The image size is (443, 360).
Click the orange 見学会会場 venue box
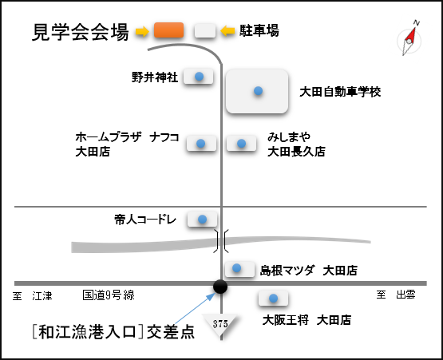tap(168, 30)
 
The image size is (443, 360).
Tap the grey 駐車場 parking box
tap(205, 30)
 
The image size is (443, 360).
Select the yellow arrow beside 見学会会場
tap(142, 31)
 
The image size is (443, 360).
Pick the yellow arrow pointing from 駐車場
tap(227, 30)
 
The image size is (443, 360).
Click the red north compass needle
tap(411, 35)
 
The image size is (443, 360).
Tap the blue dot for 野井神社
tap(200, 77)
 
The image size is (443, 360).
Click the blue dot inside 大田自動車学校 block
tap(259, 91)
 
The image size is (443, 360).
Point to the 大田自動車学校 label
tap(340, 92)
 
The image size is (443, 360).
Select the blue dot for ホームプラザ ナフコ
tap(200, 143)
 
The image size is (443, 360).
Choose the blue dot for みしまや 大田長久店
tap(241, 143)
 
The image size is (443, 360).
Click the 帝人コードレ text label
tap(145, 220)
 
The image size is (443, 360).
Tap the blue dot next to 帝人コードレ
tap(202, 219)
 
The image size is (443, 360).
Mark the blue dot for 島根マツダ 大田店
tap(236, 268)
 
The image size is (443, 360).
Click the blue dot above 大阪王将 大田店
tap(273, 298)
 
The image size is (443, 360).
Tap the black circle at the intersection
tap(220, 287)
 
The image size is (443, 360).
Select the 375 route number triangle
tap(220, 324)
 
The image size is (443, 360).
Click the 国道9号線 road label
tap(109, 295)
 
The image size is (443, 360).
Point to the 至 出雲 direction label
tap(396, 295)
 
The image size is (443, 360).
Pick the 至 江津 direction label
tap(33, 296)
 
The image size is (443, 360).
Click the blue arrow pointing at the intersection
tap(195, 308)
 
